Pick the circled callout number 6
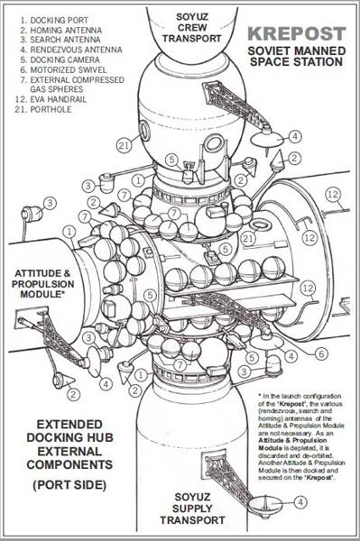pyautogui.click(x=320, y=353)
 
